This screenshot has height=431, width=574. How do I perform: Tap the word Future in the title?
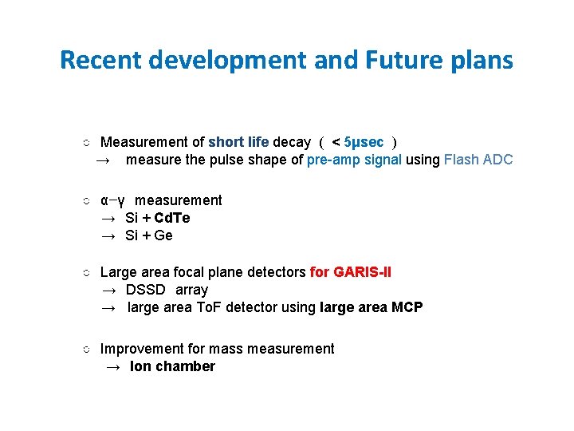coord(394,60)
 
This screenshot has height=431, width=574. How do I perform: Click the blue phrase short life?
coord(238,142)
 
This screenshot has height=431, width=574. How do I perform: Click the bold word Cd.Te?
coord(172,218)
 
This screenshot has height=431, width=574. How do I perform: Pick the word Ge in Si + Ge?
coord(163,235)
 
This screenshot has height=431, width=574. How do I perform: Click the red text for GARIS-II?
coord(351,272)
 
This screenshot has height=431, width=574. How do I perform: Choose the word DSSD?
coord(147,290)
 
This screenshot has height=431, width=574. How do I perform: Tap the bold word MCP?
coord(407,307)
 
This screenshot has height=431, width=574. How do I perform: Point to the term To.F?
coord(211,307)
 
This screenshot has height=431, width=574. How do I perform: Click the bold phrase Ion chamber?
coord(172,366)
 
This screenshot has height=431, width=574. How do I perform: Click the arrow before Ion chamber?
coord(113,367)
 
